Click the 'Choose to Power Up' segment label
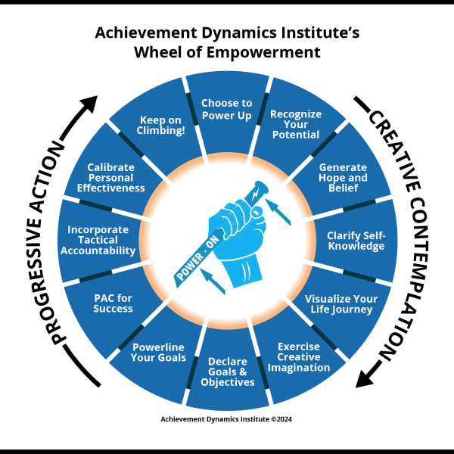(227, 109)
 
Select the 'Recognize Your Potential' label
(296, 124)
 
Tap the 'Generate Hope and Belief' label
(343, 178)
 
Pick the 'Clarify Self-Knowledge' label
(356, 241)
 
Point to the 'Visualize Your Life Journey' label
(341, 304)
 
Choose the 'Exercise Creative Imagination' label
(299, 357)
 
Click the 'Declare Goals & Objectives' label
(228, 372)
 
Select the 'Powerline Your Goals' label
(158, 352)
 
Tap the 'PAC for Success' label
(113, 303)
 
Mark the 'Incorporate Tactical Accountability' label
(98, 240)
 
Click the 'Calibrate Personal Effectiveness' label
(111, 178)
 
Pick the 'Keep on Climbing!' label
(160, 125)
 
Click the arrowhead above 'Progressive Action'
(89, 104)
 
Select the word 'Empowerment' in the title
(263, 52)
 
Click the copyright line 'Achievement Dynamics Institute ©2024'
(226, 419)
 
